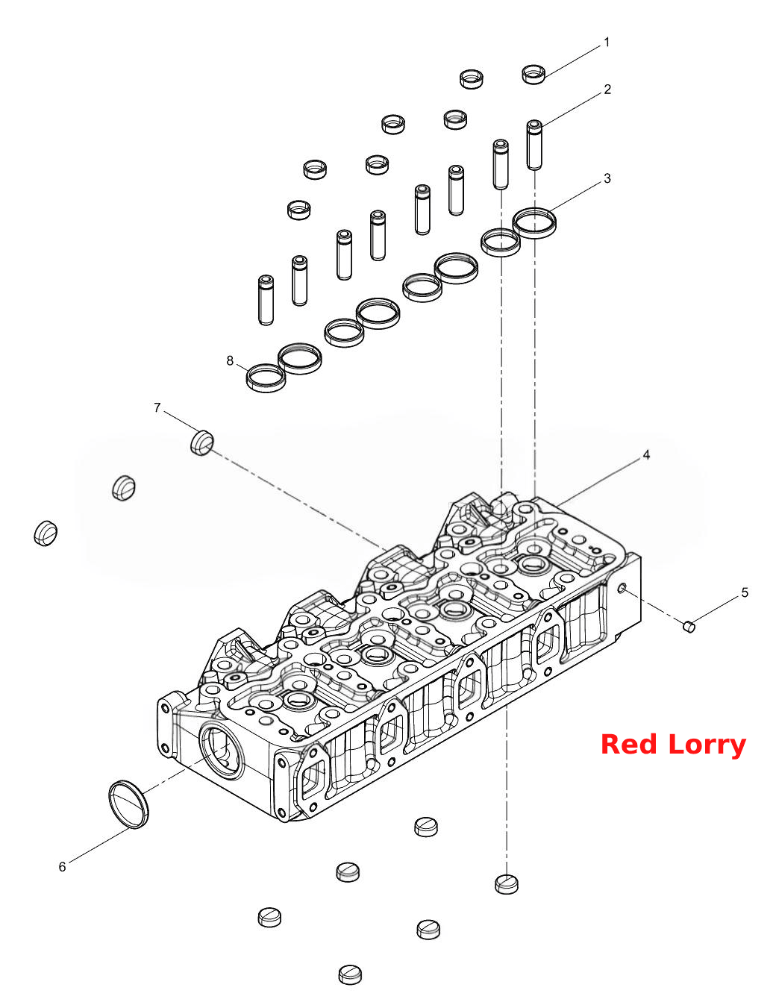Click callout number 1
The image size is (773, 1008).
pyautogui.click(x=607, y=43)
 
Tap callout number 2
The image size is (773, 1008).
pyautogui.click(x=607, y=89)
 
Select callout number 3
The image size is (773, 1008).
pyautogui.click(x=607, y=178)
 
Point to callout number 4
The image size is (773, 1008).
pyautogui.click(x=646, y=455)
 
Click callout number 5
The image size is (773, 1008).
pyautogui.click(x=744, y=592)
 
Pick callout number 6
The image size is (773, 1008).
pyautogui.click(x=62, y=866)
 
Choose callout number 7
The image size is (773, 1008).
pyautogui.click(x=157, y=407)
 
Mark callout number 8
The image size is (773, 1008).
pyautogui.click(x=230, y=360)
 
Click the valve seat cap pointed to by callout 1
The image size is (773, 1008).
pyautogui.click(x=533, y=74)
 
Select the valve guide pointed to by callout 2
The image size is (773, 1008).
pyautogui.click(x=534, y=145)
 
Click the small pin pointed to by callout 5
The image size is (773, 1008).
pyautogui.click(x=689, y=626)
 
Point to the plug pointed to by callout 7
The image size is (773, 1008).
pyautogui.click(x=201, y=442)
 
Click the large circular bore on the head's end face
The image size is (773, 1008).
pyautogui.click(x=221, y=751)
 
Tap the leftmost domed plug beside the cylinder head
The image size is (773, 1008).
pyautogui.click(x=46, y=533)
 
